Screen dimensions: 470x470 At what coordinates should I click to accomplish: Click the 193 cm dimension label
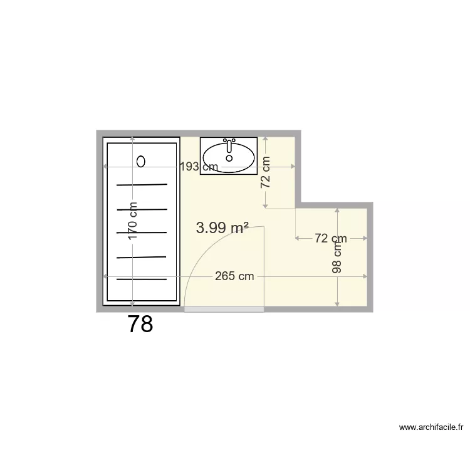pos(199,167)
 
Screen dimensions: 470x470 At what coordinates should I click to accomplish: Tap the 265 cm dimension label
pos(234,276)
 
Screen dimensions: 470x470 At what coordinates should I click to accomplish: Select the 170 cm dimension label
pos(132,221)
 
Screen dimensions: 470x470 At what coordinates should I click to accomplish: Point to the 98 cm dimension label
pos(337,258)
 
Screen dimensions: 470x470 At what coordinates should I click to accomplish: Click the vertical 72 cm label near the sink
pos(265,172)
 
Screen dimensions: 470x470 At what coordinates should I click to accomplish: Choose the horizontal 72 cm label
pos(331,238)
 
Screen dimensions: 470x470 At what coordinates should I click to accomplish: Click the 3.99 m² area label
pos(222,228)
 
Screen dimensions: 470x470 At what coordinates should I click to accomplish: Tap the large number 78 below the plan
pos(140,324)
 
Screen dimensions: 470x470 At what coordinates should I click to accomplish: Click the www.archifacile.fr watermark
pos(431,427)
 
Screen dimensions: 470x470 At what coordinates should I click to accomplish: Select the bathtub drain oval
pos(141,162)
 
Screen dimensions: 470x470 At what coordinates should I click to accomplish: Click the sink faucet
pos(229,145)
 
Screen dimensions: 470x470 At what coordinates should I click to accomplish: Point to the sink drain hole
pos(229,159)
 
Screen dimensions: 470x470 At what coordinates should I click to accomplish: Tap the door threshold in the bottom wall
pos(224,309)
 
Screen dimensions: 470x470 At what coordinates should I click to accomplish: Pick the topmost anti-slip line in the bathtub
pos(142,185)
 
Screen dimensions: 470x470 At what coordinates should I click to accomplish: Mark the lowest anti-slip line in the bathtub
pos(142,279)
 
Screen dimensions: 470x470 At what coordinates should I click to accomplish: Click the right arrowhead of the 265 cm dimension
pos(365,276)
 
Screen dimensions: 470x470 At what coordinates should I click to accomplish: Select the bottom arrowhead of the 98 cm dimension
pos(337,304)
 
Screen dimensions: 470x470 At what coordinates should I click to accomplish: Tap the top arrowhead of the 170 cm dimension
pos(132,139)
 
